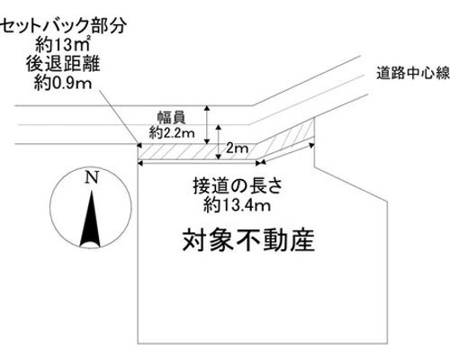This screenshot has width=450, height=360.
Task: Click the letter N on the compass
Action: tap(92, 177)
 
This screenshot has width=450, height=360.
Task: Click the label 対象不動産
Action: tap(248, 240)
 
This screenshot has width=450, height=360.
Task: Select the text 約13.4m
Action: tap(237, 205)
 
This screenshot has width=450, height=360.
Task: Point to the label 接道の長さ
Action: tap(238, 186)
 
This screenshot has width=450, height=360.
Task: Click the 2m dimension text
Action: tap(237, 148)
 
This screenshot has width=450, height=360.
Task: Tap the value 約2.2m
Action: tap(172, 132)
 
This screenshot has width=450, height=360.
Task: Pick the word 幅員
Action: tap(172, 118)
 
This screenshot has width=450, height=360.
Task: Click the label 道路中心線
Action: tap(413, 74)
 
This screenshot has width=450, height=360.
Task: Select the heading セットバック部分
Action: tap(63, 26)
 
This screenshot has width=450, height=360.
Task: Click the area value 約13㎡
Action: tap(63, 46)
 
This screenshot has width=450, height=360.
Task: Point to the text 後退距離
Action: tap(63, 64)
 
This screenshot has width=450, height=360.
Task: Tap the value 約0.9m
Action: tap(63, 83)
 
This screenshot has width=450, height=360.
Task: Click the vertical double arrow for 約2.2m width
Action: tap(206, 125)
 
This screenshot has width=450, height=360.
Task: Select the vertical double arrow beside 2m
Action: tap(219, 142)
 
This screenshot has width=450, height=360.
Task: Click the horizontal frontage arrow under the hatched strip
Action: tap(199, 162)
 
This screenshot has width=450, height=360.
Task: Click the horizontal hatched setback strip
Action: tap(196, 151)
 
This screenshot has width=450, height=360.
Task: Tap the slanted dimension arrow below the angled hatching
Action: tap(288, 154)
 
